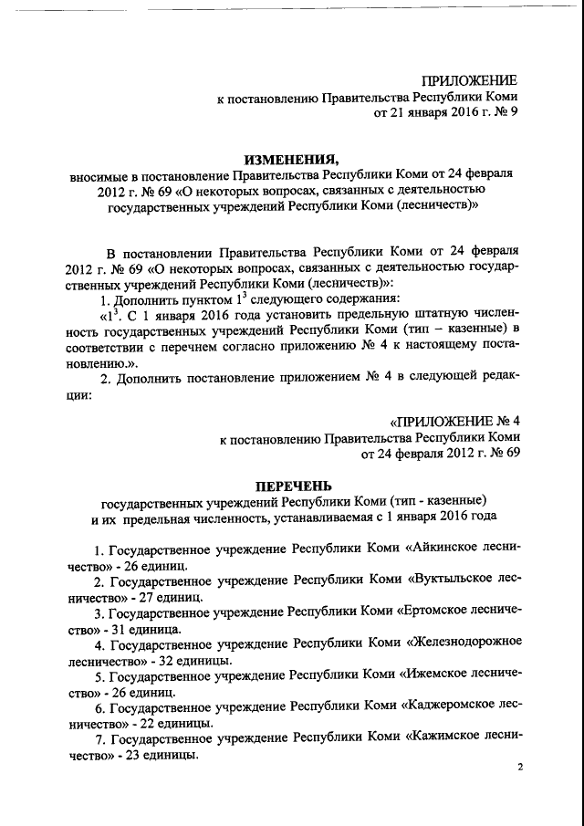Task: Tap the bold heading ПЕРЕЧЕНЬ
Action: pyautogui.click(x=291, y=483)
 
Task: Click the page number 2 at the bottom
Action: pyautogui.click(x=520, y=769)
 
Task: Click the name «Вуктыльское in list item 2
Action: pyautogui.click(x=450, y=580)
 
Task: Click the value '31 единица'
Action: pyautogui.click(x=148, y=629)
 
